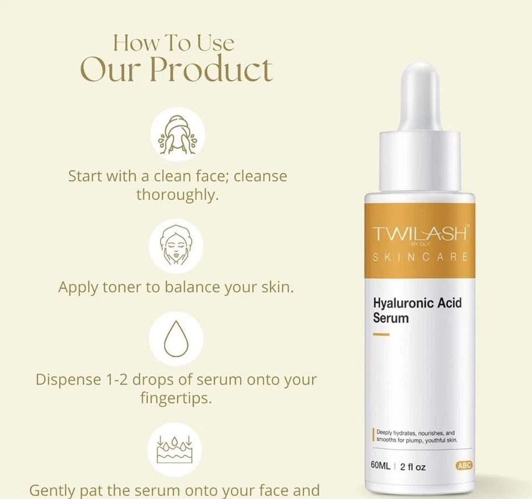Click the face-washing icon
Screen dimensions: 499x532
pyautogui.click(x=177, y=135)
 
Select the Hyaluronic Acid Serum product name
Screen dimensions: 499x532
pyautogui.click(x=417, y=310)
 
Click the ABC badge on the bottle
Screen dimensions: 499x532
pyautogui.click(x=464, y=466)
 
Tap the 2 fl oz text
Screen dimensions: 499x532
pyautogui.click(x=413, y=467)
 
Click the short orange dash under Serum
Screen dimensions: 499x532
pyautogui.click(x=381, y=334)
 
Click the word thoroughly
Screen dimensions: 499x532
pyautogui.click(x=177, y=195)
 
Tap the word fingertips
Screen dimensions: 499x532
pyautogui.click(x=177, y=398)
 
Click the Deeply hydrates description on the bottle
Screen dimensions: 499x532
pyautogui.click(x=416, y=436)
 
